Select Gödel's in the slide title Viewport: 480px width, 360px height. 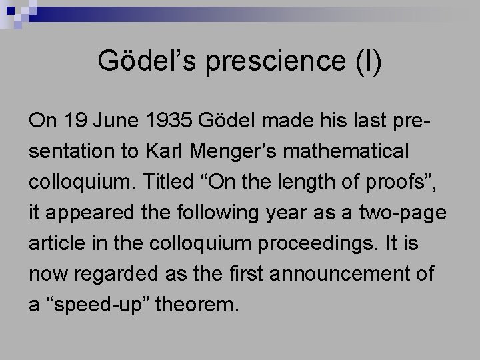148,61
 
